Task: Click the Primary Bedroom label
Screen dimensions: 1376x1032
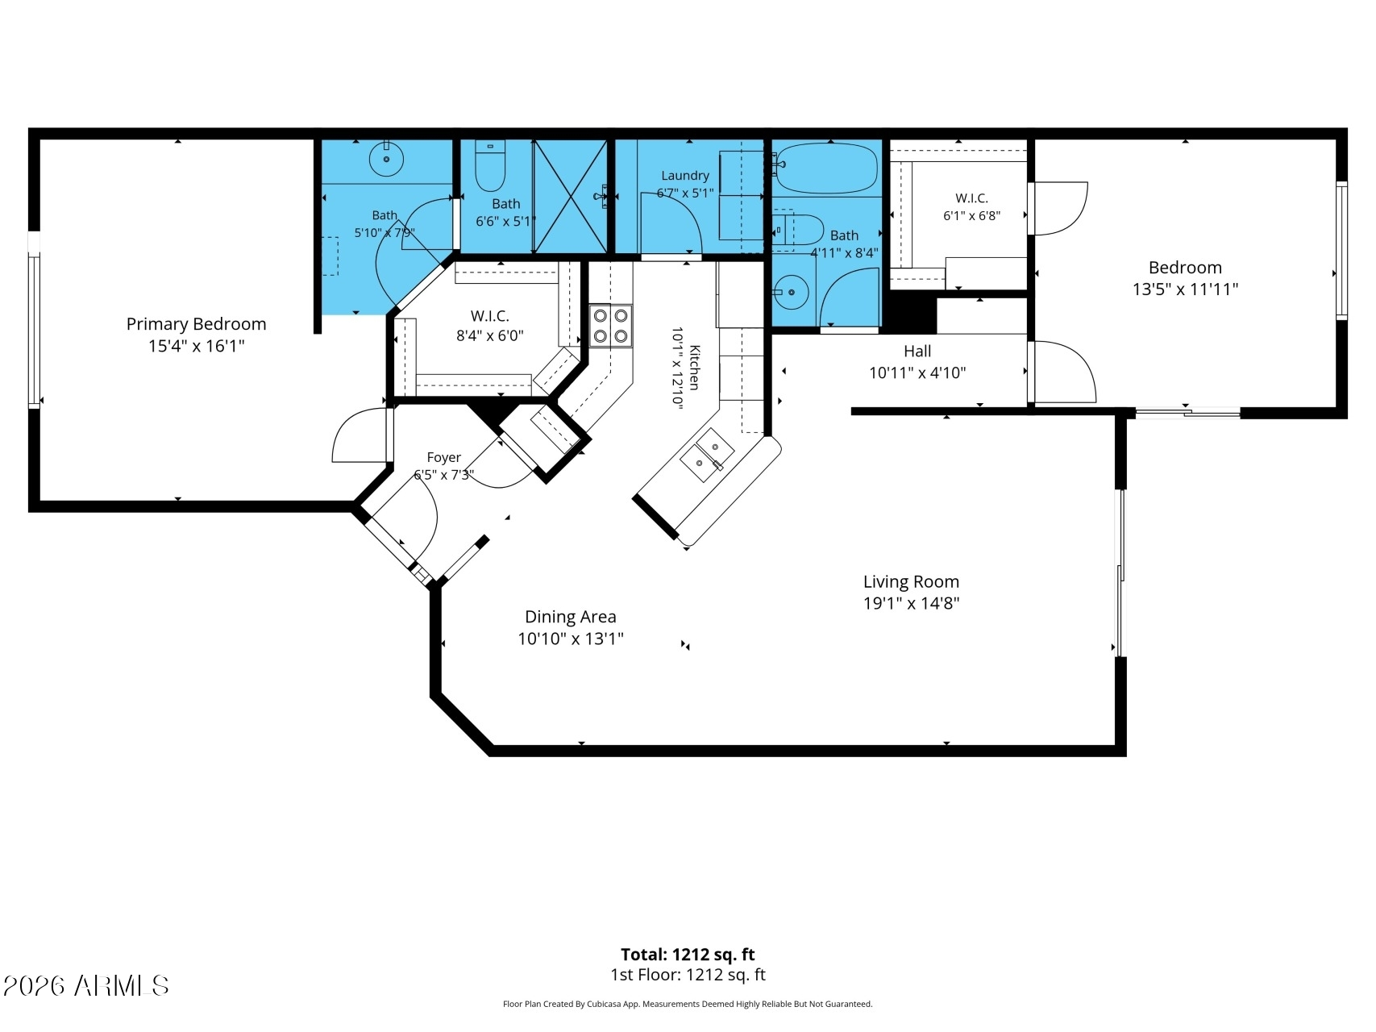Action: [x=196, y=324]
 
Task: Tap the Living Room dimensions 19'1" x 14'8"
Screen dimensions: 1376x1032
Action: [x=911, y=603]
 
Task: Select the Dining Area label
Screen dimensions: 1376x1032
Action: [x=571, y=617]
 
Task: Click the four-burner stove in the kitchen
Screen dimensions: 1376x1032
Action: [x=610, y=326]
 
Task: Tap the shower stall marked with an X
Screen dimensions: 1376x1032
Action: [x=570, y=196]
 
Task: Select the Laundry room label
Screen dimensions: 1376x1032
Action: [x=685, y=175]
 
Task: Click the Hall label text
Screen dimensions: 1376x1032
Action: [x=917, y=351]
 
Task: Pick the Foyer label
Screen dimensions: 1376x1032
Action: [x=443, y=457]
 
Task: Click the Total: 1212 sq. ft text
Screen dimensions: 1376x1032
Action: [x=688, y=955]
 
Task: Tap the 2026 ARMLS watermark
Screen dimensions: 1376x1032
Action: [x=85, y=985]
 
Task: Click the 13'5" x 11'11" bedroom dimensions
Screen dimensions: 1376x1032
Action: [x=1185, y=289]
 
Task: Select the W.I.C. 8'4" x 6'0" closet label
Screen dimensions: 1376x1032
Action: [x=490, y=326]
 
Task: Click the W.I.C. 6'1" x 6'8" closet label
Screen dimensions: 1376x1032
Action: [x=971, y=206]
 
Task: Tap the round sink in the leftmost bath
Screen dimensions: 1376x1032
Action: [x=387, y=159]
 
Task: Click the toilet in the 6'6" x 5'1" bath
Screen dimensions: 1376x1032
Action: [x=489, y=164]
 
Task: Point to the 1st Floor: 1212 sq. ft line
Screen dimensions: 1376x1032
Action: [x=688, y=975]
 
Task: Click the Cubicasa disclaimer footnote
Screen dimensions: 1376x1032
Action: [x=688, y=1005]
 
